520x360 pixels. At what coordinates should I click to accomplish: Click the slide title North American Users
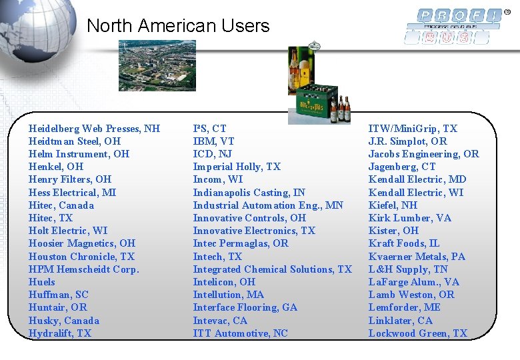coord(178,26)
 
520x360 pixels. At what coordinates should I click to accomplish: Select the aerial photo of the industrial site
coord(157,65)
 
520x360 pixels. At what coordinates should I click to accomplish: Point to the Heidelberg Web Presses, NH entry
coord(94,128)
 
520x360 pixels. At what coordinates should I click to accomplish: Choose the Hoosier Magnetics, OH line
coord(81,243)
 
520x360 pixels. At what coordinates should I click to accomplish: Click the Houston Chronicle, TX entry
coord(81,257)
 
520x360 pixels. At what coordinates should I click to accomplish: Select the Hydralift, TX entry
coord(60,333)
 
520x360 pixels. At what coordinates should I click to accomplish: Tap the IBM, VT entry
coord(213,141)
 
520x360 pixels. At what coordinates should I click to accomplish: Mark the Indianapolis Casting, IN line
coord(249,193)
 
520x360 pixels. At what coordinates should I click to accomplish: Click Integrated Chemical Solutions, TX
coord(272,269)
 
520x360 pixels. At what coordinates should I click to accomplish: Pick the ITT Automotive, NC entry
coord(241,333)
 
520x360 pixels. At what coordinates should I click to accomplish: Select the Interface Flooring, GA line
coord(245,307)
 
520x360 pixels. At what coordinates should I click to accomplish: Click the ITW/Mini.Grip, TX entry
coord(413,128)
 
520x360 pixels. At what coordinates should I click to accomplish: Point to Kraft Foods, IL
coord(404,243)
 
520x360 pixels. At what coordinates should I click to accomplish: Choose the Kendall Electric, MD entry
coord(417,179)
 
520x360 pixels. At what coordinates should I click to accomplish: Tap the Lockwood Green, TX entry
coord(418,333)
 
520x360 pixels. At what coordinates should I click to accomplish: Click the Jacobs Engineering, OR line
coord(423,154)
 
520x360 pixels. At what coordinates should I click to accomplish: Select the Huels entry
coord(42,282)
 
